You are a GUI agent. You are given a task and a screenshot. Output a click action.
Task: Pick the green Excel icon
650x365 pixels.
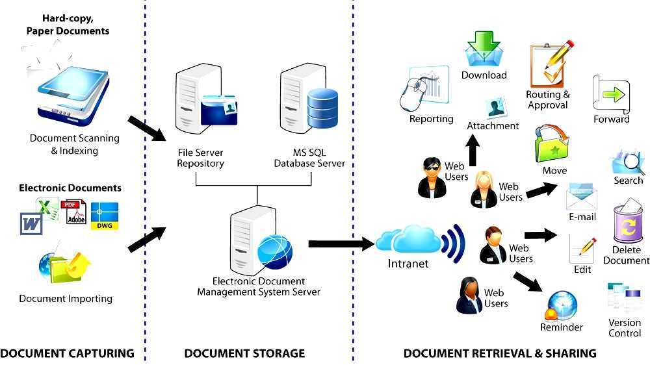click(47, 208)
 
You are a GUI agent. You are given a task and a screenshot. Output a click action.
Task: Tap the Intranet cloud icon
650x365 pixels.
click(409, 240)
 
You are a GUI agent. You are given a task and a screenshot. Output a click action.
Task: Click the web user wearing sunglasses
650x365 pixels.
click(432, 177)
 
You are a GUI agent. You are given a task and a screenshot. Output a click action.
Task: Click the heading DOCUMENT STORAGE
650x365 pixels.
click(244, 353)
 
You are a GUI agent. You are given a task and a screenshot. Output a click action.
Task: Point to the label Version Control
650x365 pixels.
click(625, 328)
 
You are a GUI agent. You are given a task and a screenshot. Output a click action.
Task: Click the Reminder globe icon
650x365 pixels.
click(561, 305)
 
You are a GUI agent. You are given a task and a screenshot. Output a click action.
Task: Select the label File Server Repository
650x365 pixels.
click(201, 158)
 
